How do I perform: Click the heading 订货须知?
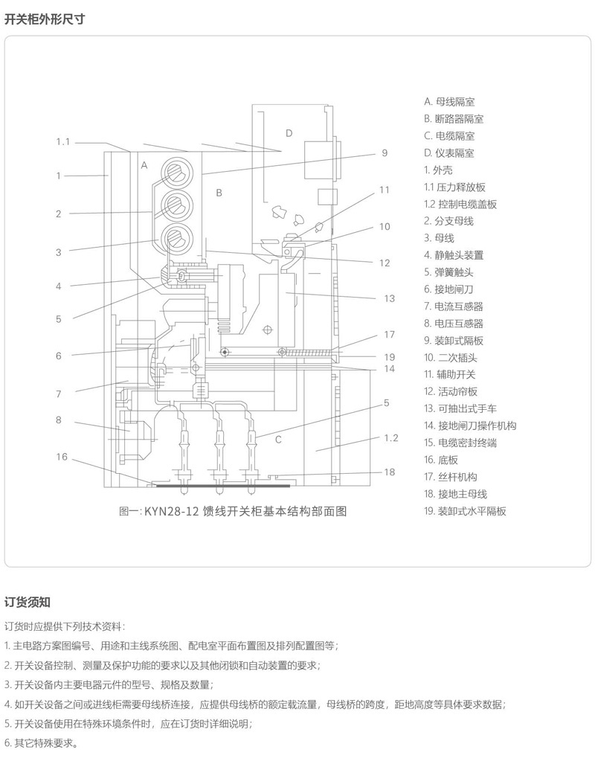[x=28, y=601]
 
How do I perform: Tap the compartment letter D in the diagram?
[x=289, y=133]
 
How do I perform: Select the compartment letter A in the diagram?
[x=144, y=165]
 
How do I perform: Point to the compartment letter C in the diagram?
[x=277, y=440]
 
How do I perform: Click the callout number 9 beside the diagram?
[x=385, y=153]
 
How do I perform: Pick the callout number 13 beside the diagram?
[x=389, y=298]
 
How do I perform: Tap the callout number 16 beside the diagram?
[x=62, y=457]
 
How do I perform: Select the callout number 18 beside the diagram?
[x=389, y=472]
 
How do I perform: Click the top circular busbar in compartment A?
[x=176, y=170]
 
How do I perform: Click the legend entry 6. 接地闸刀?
[x=454, y=289]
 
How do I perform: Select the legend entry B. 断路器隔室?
[x=454, y=119]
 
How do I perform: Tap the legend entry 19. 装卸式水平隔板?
[x=466, y=511]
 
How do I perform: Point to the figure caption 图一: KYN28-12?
[x=233, y=511]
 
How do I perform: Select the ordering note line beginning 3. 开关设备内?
[x=109, y=684]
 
